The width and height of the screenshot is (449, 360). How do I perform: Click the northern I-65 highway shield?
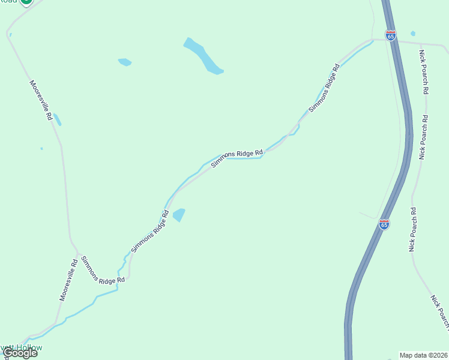coord(391,35)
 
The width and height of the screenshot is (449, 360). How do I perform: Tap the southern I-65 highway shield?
coord(384,224)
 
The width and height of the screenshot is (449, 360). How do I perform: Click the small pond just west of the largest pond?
coord(125,62)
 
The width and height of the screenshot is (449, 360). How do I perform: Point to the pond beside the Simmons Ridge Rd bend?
coord(179,214)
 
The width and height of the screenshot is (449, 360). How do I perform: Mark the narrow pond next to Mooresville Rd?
coord(57,119)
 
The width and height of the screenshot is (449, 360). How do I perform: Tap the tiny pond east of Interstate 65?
coord(413,34)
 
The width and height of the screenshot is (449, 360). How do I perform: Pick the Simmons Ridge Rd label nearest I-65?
coord(324,88)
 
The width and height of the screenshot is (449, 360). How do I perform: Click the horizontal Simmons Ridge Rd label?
coord(237,154)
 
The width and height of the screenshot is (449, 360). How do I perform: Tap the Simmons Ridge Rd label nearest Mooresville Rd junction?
coord(103,270)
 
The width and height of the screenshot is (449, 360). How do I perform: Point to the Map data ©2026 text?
coord(423,355)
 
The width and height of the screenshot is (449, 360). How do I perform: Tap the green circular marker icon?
coord(25,2)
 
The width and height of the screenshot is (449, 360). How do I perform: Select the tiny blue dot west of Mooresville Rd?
coord(41,148)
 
